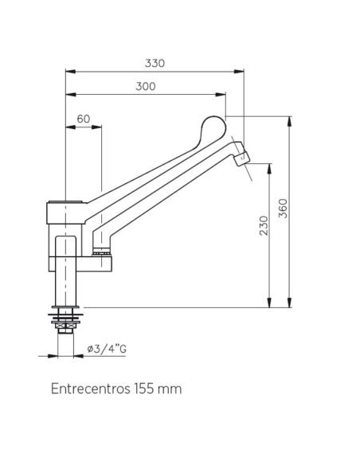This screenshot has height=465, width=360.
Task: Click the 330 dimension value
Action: coord(155,64)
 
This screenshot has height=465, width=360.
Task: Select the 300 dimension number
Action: coord(145,87)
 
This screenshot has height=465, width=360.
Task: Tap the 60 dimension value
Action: coord(84,119)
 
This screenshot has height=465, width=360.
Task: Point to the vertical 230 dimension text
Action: coord(264,225)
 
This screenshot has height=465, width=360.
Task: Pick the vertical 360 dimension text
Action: coord(284,209)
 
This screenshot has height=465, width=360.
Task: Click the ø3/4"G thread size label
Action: coord(107,350)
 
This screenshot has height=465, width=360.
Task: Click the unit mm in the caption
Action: coord(170,389)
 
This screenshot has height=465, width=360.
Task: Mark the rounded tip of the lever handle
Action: coord(213,124)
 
